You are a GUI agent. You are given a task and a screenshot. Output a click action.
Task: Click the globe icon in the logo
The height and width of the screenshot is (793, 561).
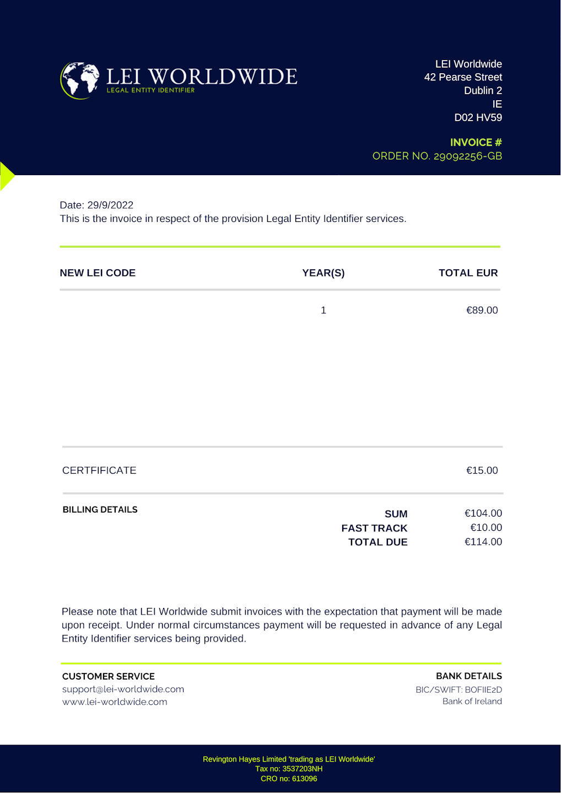click(x=80, y=80)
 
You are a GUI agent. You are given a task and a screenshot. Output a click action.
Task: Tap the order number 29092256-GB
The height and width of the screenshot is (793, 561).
click(x=437, y=156)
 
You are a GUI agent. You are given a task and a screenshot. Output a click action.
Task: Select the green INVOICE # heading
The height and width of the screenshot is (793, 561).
click(x=476, y=142)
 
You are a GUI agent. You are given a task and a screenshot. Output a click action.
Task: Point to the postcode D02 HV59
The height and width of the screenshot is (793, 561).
click(x=478, y=117)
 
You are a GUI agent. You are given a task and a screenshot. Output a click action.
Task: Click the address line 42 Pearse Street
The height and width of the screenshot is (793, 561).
click(x=463, y=77)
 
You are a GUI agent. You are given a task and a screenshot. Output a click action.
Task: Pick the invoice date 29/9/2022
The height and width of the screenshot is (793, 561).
click(x=110, y=205)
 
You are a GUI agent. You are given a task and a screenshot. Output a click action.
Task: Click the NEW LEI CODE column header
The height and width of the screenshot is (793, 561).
click(x=98, y=273)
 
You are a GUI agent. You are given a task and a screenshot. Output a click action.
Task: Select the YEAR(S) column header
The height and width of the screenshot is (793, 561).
click(x=323, y=273)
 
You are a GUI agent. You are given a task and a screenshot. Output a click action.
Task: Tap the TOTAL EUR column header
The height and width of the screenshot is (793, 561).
click(x=468, y=273)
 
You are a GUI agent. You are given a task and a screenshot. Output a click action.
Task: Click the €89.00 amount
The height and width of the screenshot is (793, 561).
click(x=482, y=310)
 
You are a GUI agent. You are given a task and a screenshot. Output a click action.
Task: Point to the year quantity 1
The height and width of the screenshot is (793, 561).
click(x=323, y=310)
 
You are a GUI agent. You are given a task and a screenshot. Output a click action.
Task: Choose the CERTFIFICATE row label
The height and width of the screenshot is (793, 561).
click(x=99, y=470)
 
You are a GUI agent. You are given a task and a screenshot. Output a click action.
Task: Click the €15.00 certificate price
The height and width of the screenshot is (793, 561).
click(x=482, y=470)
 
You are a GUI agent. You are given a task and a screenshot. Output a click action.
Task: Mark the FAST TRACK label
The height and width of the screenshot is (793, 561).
click(x=374, y=528)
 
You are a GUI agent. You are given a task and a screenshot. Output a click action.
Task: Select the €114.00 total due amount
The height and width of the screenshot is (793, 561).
click(x=483, y=542)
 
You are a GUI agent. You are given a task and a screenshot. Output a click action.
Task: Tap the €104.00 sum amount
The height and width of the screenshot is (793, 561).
click(x=483, y=513)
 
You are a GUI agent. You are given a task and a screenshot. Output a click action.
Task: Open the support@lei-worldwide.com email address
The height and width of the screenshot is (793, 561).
click(x=123, y=689)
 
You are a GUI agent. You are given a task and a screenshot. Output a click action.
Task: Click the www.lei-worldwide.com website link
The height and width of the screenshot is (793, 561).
click(x=115, y=702)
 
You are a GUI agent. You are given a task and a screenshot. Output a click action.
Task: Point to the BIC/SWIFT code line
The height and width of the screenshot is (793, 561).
click(x=458, y=689)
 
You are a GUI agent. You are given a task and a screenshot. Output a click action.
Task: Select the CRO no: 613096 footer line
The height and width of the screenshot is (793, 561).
click(x=289, y=779)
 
